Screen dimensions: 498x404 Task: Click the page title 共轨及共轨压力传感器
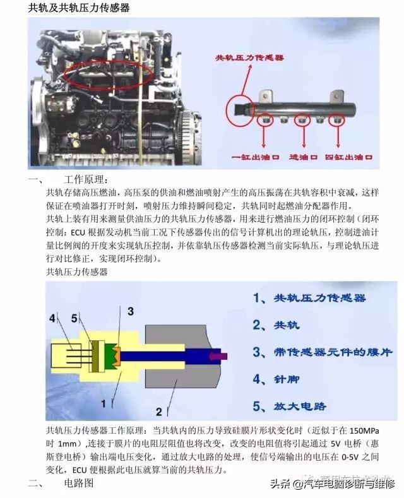[78, 8]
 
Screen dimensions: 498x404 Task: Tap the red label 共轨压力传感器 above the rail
[251, 58]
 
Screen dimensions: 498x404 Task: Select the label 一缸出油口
[255, 156]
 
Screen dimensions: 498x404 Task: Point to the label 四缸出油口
[350, 156]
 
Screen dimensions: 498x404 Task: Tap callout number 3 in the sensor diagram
[131, 311]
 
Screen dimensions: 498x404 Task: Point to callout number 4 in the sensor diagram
[52, 317]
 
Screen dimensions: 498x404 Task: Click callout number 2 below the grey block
[159, 411]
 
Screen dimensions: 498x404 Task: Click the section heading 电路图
[79, 483]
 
